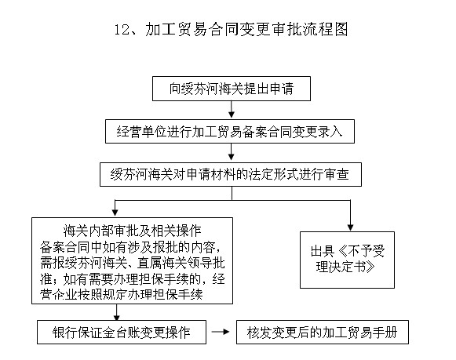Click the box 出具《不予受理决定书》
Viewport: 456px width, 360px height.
(x=347, y=258)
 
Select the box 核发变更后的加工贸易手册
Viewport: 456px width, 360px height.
(x=322, y=333)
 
